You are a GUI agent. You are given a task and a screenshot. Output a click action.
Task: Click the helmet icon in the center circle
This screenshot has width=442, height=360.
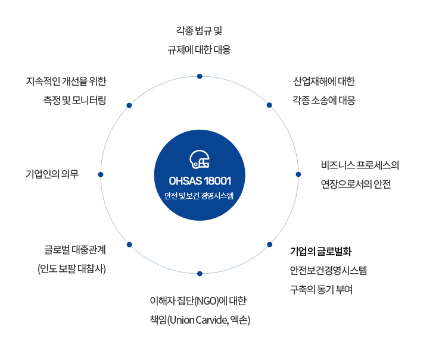[x=200, y=159]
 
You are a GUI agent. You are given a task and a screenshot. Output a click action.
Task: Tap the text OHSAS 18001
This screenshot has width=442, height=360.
[x=200, y=181]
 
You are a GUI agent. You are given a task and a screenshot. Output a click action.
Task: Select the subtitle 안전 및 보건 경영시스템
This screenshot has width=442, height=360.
[x=199, y=196]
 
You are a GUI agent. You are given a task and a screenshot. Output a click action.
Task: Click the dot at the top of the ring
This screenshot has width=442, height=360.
[x=200, y=76]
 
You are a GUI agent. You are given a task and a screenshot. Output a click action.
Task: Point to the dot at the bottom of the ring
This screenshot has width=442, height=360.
[x=200, y=274]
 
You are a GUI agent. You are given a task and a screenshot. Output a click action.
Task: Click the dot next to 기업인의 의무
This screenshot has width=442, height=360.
[x=101, y=175]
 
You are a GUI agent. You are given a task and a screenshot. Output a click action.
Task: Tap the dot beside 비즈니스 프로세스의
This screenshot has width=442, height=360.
[x=298, y=174]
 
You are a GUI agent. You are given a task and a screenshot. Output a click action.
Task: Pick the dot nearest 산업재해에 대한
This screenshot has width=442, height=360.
[x=269, y=105]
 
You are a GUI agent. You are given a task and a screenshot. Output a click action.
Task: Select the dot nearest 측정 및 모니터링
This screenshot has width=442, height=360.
[x=129, y=105]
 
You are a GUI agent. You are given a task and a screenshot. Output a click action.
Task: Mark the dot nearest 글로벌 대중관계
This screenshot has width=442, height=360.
[x=129, y=245]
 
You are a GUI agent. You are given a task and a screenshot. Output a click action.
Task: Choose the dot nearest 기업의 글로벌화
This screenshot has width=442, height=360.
[x=269, y=245]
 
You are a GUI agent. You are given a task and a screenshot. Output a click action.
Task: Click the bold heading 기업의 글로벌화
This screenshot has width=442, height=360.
[x=321, y=251]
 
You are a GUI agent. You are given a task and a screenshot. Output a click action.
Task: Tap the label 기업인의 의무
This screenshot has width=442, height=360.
[x=52, y=174]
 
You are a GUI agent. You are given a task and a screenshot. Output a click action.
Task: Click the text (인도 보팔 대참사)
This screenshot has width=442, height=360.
[x=72, y=269]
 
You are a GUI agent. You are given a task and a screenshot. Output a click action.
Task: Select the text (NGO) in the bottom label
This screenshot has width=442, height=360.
[x=207, y=301]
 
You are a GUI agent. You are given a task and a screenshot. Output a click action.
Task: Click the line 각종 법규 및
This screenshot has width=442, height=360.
[x=200, y=31]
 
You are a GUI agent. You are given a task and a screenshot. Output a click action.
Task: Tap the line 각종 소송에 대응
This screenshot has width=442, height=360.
[x=324, y=100]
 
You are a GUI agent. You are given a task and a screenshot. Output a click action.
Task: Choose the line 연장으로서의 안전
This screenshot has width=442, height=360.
[x=356, y=184]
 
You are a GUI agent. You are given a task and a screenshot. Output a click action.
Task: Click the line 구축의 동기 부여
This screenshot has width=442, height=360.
[x=321, y=290]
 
